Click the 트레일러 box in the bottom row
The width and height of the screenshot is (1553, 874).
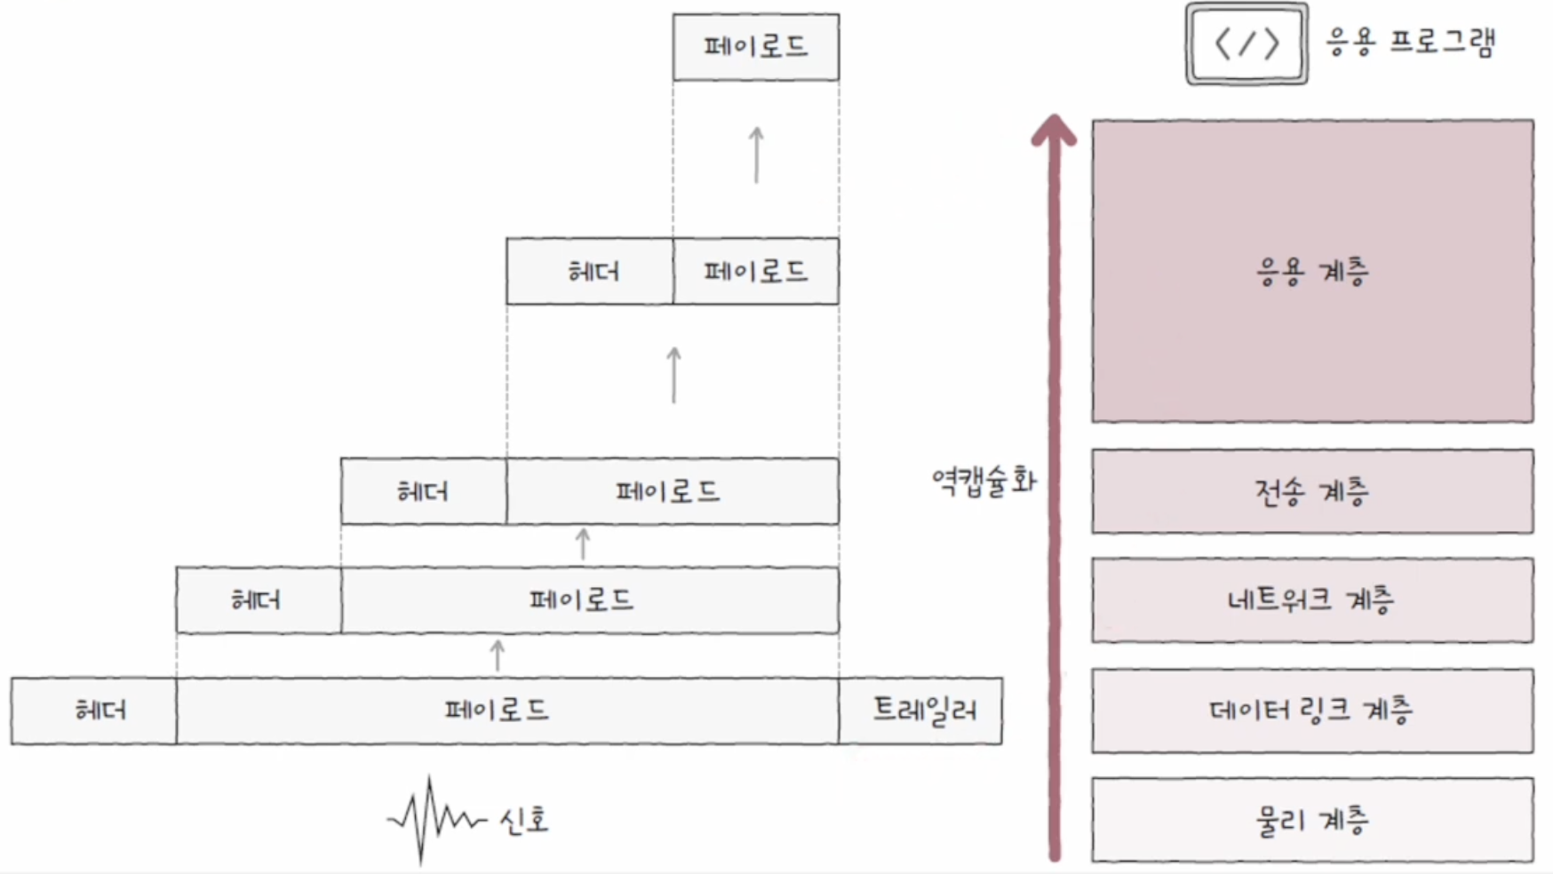pyautogui.click(x=920, y=711)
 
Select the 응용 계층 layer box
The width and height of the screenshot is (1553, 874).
pyautogui.click(x=1312, y=271)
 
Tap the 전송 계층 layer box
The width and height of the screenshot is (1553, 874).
pyautogui.click(x=1312, y=491)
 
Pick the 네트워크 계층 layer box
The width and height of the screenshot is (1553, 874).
pyautogui.click(x=1312, y=600)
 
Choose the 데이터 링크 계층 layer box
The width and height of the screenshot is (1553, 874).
pyautogui.click(x=1312, y=711)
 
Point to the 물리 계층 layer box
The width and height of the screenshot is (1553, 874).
pyautogui.click(x=1312, y=820)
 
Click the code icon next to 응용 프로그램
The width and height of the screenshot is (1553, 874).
pyautogui.click(x=1246, y=44)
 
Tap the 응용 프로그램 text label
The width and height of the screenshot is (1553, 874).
pyautogui.click(x=1411, y=42)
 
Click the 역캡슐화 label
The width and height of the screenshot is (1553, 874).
pyautogui.click(x=984, y=481)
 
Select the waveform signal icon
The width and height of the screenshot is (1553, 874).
pyautogui.click(x=435, y=818)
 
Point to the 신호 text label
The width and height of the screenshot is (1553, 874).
pyautogui.click(x=524, y=820)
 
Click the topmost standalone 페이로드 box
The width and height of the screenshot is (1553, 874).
pyautogui.click(x=756, y=47)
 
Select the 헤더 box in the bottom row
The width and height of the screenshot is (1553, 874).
pyautogui.click(x=94, y=711)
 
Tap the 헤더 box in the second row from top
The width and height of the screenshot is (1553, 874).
pyautogui.click(x=590, y=271)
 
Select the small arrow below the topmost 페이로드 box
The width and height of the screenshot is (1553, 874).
pyautogui.click(x=756, y=155)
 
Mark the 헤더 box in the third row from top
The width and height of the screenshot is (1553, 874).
pyautogui.click(x=424, y=491)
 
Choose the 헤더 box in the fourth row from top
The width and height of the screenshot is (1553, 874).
pyautogui.click(x=259, y=600)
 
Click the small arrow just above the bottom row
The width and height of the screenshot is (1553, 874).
pyautogui.click(x=498, y=655)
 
